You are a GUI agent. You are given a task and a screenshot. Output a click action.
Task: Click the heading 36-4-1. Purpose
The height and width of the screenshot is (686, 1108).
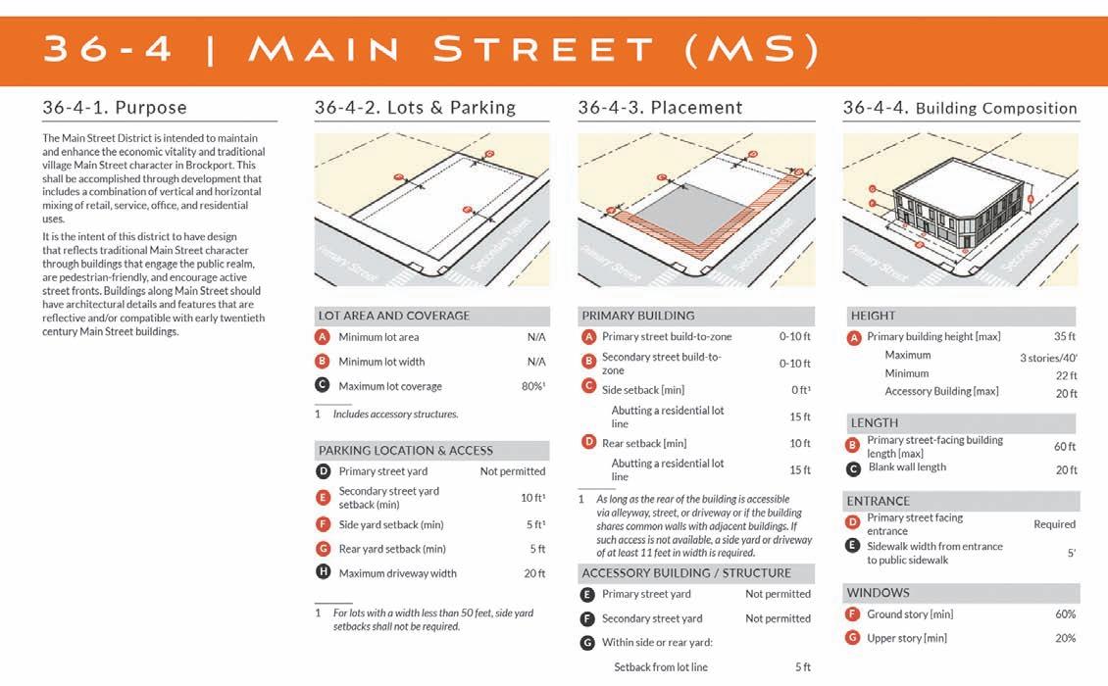click(115, 108)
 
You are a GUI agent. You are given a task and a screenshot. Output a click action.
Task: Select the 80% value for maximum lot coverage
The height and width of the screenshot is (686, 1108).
click(532, 386)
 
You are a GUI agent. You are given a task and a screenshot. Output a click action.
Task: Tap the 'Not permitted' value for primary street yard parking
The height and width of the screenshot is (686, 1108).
click(512, 471)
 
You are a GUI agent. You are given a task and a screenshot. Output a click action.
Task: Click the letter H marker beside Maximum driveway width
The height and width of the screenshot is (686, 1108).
click(323, 573)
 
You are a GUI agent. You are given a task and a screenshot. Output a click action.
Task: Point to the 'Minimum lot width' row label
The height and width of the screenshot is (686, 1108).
click(381, 362)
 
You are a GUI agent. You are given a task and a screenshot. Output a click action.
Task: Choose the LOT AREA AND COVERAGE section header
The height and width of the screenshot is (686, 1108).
click(394, 316)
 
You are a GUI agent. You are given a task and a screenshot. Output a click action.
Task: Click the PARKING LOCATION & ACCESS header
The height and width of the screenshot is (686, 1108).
click(406, 451)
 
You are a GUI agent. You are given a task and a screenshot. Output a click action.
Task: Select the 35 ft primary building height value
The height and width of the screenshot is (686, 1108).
click(1065, 337)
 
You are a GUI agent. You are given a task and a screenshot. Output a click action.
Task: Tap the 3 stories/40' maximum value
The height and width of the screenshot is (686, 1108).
click(1047, 358)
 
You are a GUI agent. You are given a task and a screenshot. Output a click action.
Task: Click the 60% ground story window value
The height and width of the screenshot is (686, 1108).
click(1065, 614)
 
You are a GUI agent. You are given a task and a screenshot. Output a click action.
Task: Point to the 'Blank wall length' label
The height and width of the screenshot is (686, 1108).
click(907, 467)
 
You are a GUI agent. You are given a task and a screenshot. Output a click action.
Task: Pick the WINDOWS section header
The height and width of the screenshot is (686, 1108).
click(879, 593)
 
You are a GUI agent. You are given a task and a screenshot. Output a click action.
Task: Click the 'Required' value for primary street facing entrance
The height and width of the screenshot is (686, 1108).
click(1054, 524)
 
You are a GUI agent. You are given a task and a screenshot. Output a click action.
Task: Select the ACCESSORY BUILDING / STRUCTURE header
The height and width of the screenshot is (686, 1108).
click(686, 573)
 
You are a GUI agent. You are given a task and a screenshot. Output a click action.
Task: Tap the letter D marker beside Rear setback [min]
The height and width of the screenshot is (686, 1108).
click(588, 442)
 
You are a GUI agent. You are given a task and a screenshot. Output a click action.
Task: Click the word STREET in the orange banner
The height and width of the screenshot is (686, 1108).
click(545, 50)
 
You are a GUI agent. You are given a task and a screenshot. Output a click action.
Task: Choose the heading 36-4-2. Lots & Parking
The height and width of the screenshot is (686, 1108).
click(415, 108)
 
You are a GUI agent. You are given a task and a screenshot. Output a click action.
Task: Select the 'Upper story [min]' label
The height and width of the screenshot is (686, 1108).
click(907, 639)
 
